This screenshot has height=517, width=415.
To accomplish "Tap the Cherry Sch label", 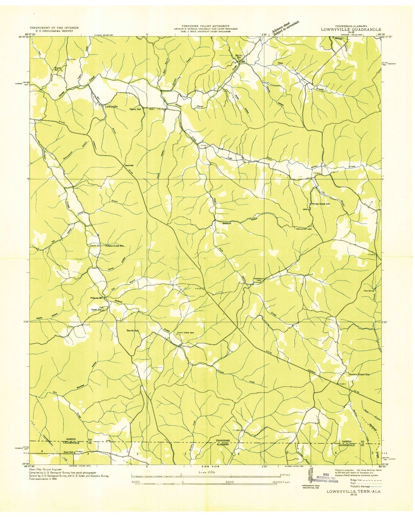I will (x=135, y=109).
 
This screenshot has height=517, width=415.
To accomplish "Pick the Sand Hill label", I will (x=129, y=166).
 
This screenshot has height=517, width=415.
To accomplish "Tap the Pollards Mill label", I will (x=97, y=298).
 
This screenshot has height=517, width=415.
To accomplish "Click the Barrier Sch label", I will (x=133, y=331).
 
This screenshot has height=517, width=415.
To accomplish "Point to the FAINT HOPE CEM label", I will (x=186, y=333).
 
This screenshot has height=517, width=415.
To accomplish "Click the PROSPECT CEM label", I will (x=258, y=279).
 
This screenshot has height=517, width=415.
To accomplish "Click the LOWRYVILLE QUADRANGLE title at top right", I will (x=351, y=29).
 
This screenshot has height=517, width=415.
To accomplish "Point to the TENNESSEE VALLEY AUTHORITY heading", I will (x=205, y=26).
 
